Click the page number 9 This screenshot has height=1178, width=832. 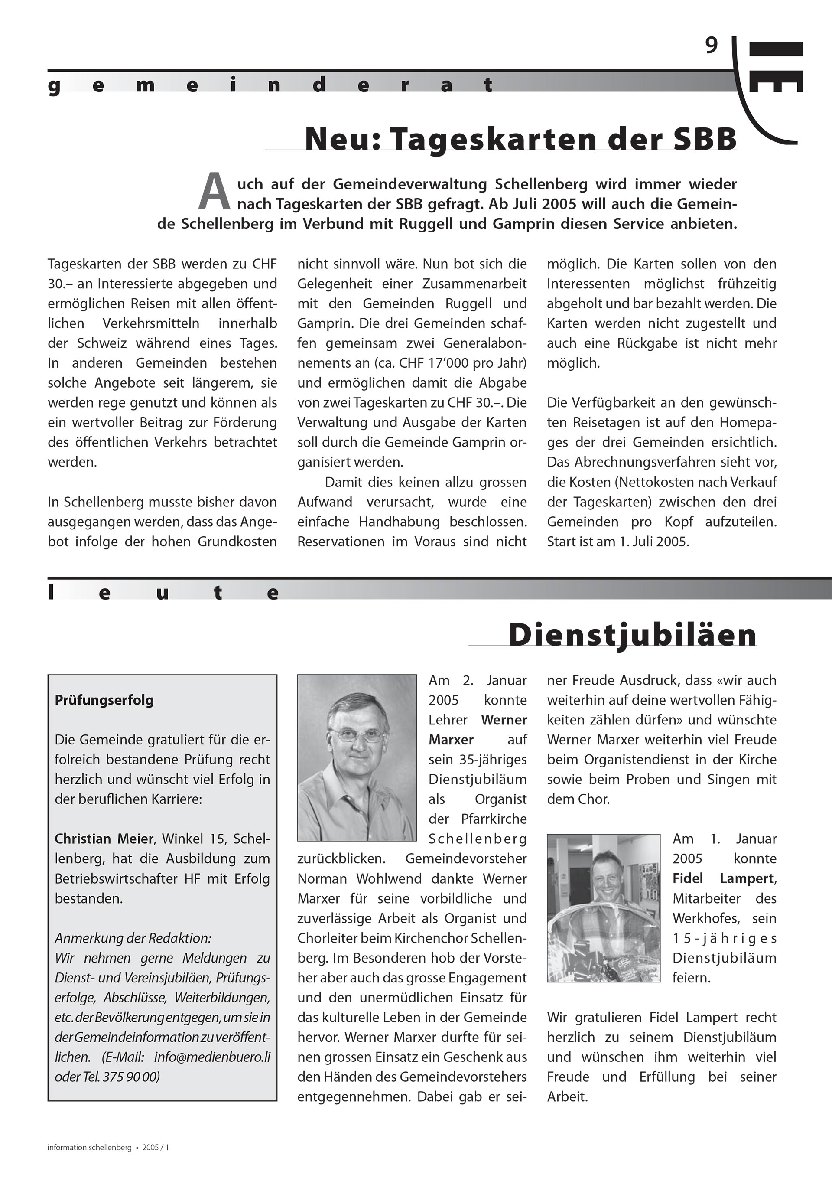coord(712,46)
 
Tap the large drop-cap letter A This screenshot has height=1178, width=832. coord(214,193)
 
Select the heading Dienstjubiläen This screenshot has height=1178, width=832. coord(633,635)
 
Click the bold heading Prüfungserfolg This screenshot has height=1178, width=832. coord(104,700)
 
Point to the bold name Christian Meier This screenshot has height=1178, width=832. coord(104,839)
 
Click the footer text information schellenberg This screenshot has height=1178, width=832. coord(90,1147)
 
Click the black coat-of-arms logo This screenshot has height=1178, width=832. coord(776,67)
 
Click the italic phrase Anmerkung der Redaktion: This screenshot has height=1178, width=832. coord(133,938)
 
